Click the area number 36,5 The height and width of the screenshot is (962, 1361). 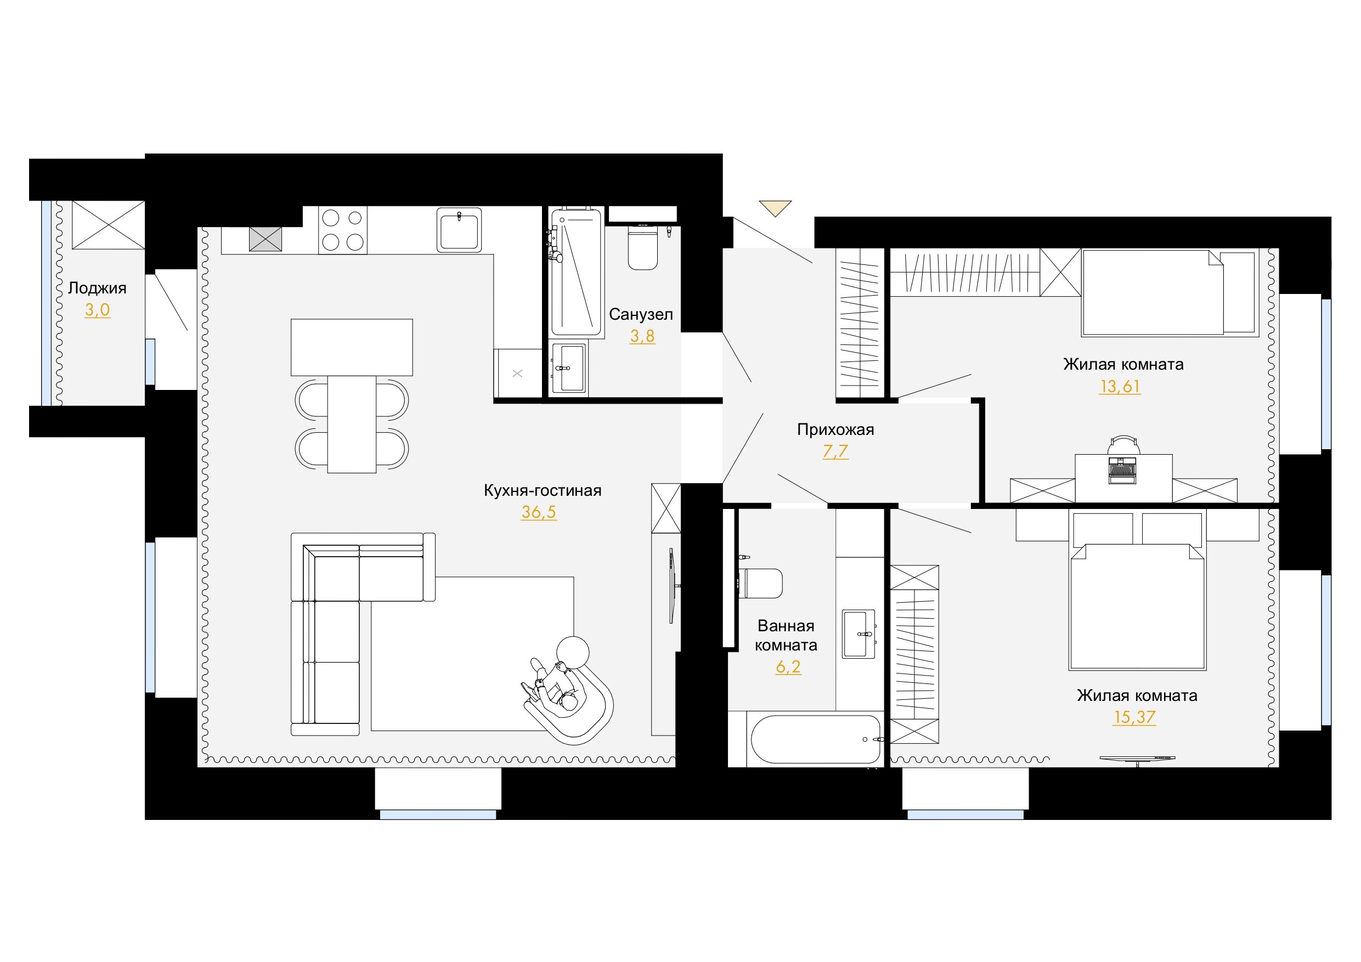click(539, 512)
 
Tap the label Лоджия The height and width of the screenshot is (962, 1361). click(97, 288)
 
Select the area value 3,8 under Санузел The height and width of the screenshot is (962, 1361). click(642, 336)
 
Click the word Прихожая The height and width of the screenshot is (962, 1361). click(835, 430)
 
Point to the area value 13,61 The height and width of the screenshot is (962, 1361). click(1120, 387)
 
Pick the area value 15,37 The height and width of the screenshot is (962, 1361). click(1134, 717)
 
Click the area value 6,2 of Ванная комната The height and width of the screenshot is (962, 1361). click(788, 667)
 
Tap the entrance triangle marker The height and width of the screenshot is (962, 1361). click(775, 208)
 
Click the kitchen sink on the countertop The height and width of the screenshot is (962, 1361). click(459, 230)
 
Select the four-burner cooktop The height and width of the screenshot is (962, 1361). click(343, 230)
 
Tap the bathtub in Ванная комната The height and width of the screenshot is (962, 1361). click(816, 740)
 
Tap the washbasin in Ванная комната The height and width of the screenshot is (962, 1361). click(859, 634)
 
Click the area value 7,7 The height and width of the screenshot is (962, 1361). click(835, 452)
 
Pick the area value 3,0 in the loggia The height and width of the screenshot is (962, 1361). click(97, 310)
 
